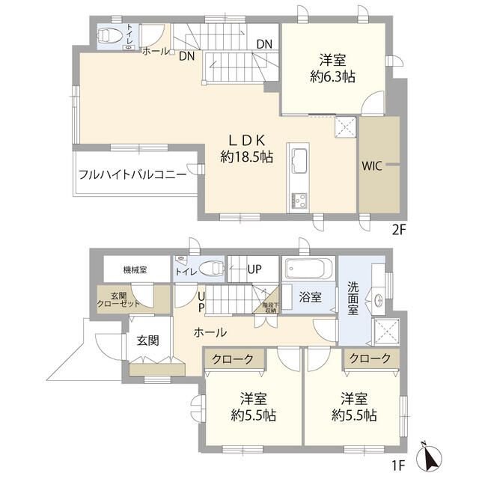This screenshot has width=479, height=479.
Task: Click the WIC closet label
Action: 372,166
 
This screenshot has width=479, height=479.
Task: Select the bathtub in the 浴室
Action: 308,267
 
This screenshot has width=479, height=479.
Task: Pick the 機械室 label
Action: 135,269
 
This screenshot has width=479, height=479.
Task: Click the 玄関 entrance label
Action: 147,340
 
